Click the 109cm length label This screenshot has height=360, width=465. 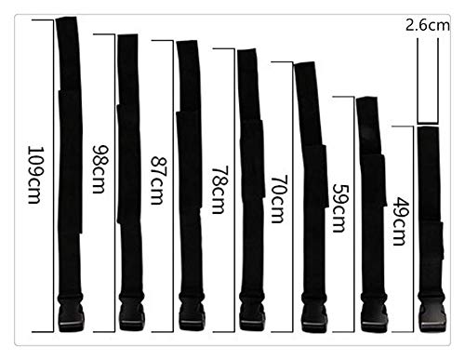34,175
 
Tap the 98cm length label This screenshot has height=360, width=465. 100,169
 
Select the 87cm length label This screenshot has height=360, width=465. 158,180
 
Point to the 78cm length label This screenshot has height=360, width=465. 219,190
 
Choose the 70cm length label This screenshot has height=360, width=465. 278,199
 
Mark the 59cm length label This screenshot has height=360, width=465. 339,208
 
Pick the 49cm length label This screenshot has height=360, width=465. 400,221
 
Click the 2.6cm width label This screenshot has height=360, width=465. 428,25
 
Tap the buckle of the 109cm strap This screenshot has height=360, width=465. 71,313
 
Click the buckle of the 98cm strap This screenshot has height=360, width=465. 132,313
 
